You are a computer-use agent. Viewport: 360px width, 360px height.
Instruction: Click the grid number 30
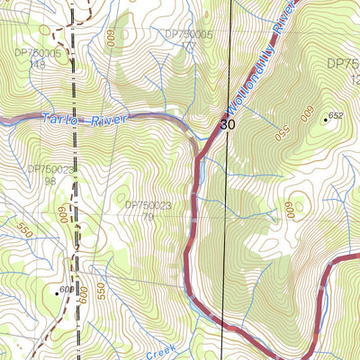[x=225, y=125]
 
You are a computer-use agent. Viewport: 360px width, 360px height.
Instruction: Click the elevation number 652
[x=337, y=115]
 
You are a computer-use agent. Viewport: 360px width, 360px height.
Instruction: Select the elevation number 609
[x=66, y=289]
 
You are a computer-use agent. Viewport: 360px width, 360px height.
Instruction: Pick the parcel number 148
[x=36, y=64]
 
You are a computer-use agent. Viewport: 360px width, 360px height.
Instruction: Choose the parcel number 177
[x=187, y=45]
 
